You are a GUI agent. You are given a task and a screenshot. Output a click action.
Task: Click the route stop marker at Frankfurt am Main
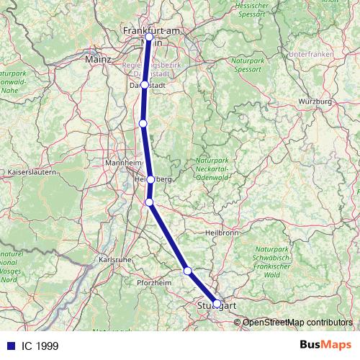tap(149, 37)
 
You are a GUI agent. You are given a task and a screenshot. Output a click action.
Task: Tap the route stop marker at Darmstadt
tap(145, 84)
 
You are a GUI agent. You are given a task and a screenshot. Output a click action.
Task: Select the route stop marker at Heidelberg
tap(150, 179)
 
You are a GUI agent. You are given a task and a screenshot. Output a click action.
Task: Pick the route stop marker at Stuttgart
tap(217, 304)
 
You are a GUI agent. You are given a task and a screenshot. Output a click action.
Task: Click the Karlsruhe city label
tap(114, 259)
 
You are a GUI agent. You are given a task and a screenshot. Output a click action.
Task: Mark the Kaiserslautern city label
tap(30, 173)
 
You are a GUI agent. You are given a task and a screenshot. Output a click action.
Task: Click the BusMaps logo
tap(326, 346)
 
